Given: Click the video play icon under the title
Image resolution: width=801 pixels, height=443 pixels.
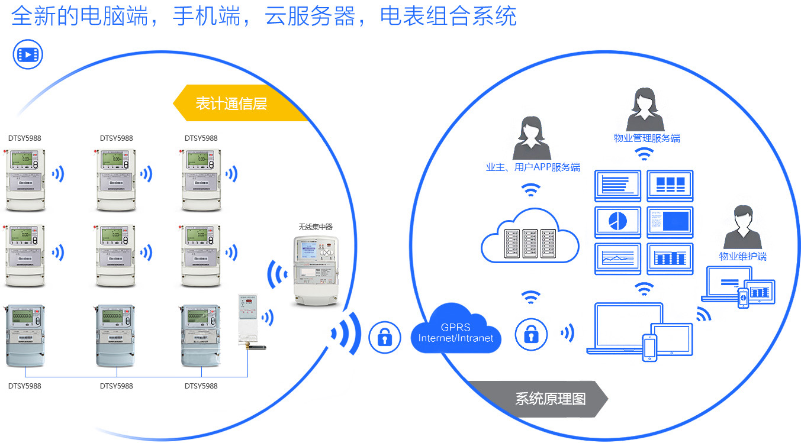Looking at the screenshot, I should pyautogui.click(x=28, y=55).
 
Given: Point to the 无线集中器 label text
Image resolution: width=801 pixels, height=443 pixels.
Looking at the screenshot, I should pyautogui.click(x=316, y=227).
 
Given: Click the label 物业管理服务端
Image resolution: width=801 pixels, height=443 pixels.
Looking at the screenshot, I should pyautogui.click(x=646, y=138).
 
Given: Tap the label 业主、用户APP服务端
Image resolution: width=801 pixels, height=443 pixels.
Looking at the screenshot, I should pyautogui.click(x=532, y=167).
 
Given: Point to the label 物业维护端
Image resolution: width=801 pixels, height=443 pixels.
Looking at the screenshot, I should pyautogui.click(x=742, y=256).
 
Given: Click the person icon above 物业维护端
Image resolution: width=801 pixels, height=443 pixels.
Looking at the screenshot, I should pyautogui.click(x=742, y=227).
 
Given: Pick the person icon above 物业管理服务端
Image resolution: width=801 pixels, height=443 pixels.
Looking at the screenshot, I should pyautogui.click(x=646, y=109).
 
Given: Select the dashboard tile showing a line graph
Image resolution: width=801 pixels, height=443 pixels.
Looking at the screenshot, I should pyautogui.click(x=617, y=258).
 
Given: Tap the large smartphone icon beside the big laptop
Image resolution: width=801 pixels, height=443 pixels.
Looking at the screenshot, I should pyautogui.click(x=650, y=347).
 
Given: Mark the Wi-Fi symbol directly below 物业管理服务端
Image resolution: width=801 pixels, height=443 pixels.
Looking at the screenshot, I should pyautogui.click(x=645, y=154).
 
